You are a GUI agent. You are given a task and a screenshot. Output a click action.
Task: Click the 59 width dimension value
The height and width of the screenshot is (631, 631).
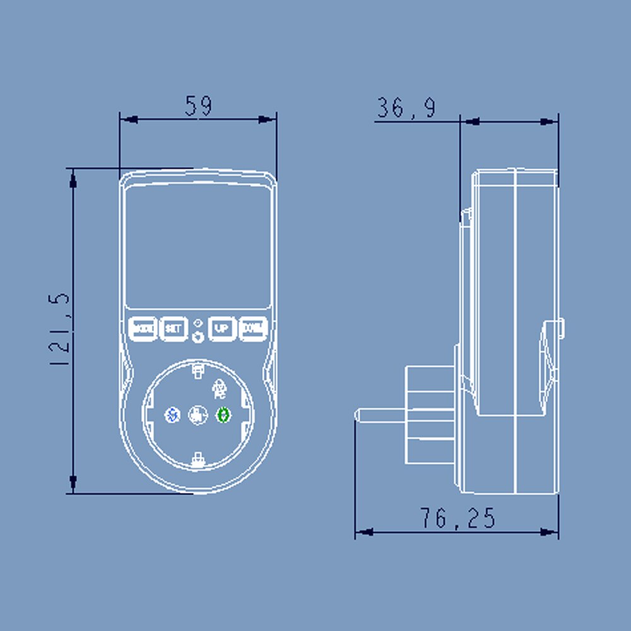click(x=198, y=106)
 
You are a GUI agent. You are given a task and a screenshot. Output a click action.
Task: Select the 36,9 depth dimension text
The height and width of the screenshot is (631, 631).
click(x=406, y=109)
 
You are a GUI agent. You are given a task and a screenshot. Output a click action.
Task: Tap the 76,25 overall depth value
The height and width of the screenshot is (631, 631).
click(x=457, y=518)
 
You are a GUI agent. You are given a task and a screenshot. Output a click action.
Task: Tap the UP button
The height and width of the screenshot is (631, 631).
click(x=221, y=328)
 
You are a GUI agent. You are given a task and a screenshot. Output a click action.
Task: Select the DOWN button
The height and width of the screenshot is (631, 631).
click(x=253, y=328)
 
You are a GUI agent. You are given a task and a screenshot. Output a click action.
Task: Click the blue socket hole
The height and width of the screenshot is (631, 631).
click(x=171, y=415)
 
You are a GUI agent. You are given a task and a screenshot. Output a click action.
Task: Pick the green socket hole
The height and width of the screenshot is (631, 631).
click(x=224, y=415)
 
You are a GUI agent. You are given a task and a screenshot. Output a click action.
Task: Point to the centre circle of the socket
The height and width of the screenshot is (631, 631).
click(x=198, y=415)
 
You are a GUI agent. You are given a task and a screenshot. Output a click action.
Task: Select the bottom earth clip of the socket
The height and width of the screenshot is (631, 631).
click(x=198, y=459)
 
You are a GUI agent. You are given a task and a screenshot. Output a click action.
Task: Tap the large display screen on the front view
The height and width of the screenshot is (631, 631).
click(x=198, y=247)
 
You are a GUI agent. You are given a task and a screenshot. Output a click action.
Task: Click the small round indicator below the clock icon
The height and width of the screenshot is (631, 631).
click(x=198, y=337)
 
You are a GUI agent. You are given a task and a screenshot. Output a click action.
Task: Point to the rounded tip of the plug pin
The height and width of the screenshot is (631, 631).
click(x=358, y=415)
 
